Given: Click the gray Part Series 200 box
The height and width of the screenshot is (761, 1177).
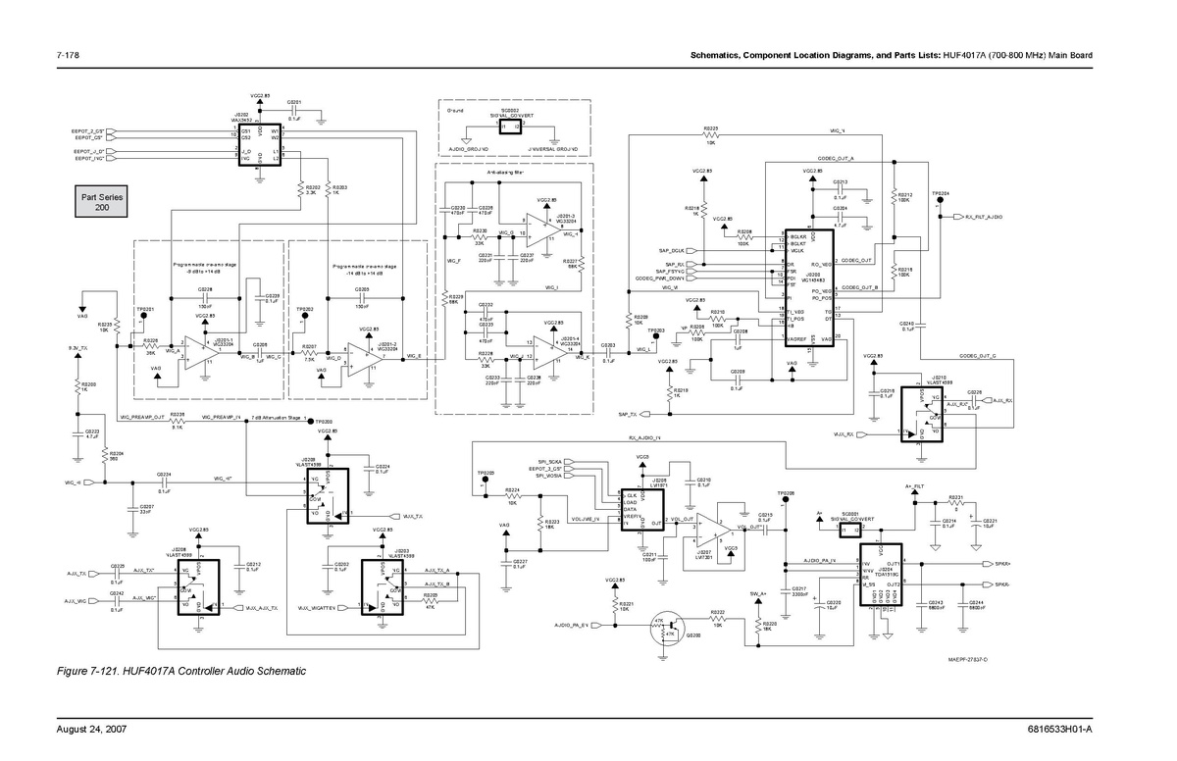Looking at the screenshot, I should pyautogui.click(x=101, y=203).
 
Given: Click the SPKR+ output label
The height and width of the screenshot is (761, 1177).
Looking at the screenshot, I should pyautogui.click(x=1002, y=564).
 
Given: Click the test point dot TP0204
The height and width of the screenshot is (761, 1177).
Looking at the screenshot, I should pyautogui.click(x=939, y=202).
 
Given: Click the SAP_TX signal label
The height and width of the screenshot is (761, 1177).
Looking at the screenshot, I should pyautogui.click(x=628, y=415).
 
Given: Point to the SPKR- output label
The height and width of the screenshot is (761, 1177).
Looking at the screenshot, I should pyautogui.click(x=1002, y=583).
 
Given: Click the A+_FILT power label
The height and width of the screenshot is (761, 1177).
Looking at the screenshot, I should pyautogui.click(x=913, y=487).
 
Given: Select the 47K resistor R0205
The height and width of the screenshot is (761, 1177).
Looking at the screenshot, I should pyautogui.click(x=431, y=601).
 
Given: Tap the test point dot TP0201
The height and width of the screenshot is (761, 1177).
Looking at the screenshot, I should pyautogui.click(x=143, y=317).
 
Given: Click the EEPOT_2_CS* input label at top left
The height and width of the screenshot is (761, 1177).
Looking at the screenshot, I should pyautogui.click(x=89, y=130).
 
